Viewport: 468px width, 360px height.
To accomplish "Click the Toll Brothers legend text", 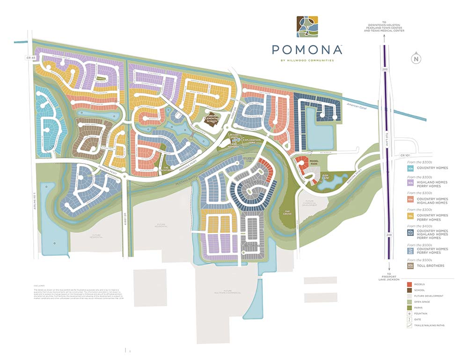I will [431, 266].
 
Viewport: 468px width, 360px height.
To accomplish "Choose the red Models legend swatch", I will [410, 284].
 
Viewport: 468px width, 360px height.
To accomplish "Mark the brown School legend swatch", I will [410, 290].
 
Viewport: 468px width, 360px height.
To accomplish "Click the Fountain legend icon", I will [410, 313].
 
